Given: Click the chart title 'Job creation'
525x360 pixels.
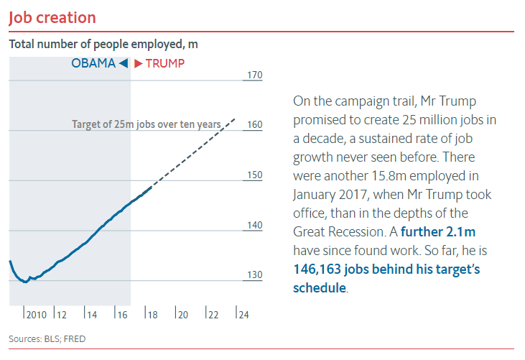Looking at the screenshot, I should click(x=52, y=17).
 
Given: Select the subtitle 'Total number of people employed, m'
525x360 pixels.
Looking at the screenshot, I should click(x=103, y=44).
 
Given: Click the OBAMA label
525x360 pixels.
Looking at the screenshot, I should click(x=93, y=63).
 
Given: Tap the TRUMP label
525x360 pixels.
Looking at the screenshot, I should click(x=164, y=63).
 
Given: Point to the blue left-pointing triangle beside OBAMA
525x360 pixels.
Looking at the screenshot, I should click(x=124, y=63).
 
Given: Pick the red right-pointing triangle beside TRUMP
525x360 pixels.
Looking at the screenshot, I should click(x=138, y=63).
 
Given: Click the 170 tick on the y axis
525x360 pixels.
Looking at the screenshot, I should click(x=254, y=75).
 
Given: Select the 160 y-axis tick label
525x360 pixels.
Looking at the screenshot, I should click(x=254, y=124).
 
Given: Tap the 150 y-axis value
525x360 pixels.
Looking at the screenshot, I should click(x=254, y=175).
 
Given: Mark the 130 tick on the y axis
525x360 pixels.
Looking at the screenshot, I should click(x=254, y=275).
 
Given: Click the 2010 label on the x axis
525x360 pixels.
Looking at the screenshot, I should click(x=36, y=314).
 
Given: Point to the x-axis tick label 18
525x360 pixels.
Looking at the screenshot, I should click(x=151, y=314).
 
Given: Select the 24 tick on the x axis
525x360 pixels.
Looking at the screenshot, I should click(x=243, y=314).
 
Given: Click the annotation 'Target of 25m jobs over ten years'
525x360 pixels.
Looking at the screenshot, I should click(x=147, y=124).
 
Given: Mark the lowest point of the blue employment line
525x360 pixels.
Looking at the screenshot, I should click(x=26, y=282).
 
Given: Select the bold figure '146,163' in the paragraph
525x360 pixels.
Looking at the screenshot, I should click(x=315, y=269).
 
